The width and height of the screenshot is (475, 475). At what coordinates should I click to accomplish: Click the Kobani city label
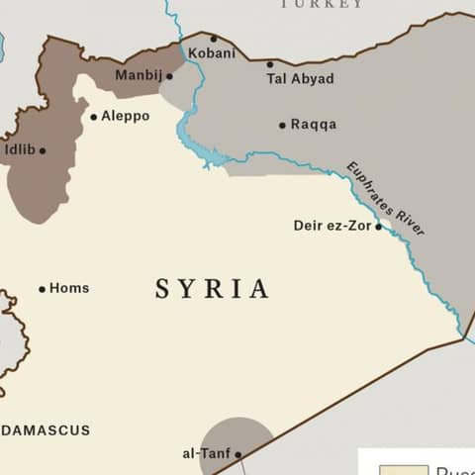(212, 53)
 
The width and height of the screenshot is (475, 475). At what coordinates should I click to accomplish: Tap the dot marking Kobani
(213, 40)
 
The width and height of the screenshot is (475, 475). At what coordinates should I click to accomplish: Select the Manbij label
(138, 75)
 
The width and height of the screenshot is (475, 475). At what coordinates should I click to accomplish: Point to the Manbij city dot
(169, 76)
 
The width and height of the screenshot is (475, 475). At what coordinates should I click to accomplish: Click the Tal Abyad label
(300, 79)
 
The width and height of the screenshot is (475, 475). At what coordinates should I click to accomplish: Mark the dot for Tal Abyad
(270, 65)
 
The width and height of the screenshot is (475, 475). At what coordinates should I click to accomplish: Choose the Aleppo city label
(125, 116)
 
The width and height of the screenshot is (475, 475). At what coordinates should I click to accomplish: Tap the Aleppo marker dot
(94, 117)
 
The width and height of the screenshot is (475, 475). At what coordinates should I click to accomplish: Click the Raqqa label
(314, 125)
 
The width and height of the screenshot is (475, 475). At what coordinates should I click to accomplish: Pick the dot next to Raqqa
(282, 126)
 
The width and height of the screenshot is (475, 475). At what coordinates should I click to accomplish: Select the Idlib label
(20, 150)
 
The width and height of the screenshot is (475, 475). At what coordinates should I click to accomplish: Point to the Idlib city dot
(43, 151)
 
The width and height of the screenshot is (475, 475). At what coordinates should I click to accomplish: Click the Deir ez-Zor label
(332, 226)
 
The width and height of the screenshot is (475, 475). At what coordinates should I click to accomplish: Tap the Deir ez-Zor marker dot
(378, 227)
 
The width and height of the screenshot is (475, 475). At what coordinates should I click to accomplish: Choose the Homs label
(69, 288)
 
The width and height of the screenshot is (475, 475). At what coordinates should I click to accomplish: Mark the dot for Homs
(43, 289)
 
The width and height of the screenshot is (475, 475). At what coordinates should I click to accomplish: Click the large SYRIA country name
(212, 289)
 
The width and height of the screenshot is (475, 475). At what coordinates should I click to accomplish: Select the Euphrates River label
(386, 198)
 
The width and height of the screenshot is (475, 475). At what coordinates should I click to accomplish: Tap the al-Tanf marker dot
(237, 455)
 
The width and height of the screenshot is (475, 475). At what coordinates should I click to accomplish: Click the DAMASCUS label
(46, 430)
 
